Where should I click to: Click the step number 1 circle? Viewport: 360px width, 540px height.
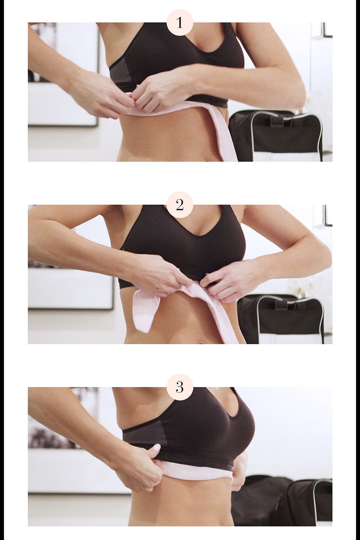tap(180, 23)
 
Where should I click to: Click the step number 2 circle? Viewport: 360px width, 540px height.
tap(180, 205)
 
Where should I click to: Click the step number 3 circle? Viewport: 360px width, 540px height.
tap(180, 387)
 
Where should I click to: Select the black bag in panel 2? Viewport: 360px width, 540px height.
tap(281, 319)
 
